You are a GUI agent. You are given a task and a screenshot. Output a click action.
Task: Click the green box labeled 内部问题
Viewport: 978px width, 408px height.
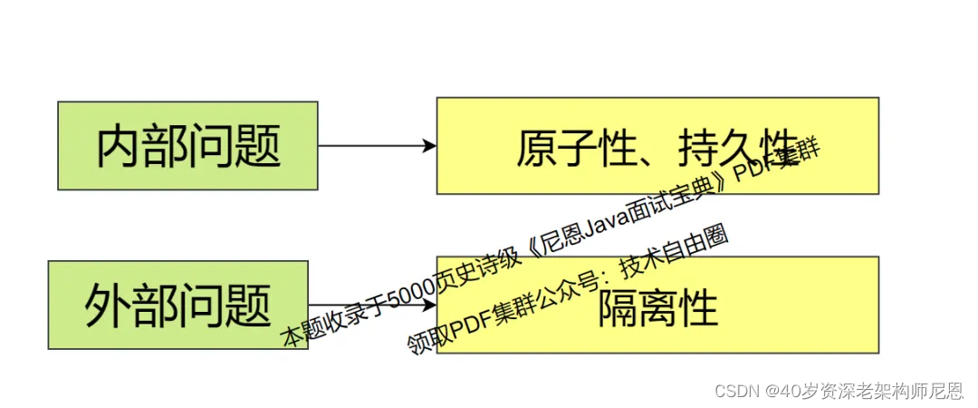click(187, 145)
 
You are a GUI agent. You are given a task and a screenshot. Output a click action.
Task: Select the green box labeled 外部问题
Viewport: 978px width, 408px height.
click(177, 305)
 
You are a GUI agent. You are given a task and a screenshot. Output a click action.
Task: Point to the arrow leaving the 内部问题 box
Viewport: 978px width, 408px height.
click(371, 145)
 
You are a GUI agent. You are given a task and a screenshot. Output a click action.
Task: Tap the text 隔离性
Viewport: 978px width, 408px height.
click(657, 308)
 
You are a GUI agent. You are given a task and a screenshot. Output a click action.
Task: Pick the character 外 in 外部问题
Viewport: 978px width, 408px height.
click(108, 306)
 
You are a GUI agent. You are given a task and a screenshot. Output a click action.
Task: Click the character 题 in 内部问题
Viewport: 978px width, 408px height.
click(257, 146)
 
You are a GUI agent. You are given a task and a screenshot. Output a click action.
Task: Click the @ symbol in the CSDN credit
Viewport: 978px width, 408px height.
click(772, 391)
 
